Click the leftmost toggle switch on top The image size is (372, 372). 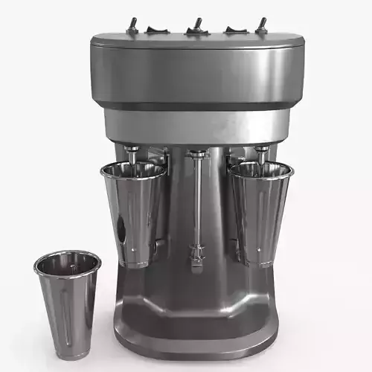[x=133, y=25]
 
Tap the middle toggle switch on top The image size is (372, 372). [x=196, y=25]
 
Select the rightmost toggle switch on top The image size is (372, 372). [x=261, y=25]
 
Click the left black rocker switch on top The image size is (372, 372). [x=157, y=30]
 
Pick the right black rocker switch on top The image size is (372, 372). [x=237, y=30]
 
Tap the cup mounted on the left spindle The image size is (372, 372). [x=134, y=212]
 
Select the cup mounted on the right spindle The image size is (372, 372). [x=260, y=212]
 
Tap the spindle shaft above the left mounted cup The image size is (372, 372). [x=132, y=153]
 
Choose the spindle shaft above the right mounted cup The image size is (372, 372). [x=262, y=153]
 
